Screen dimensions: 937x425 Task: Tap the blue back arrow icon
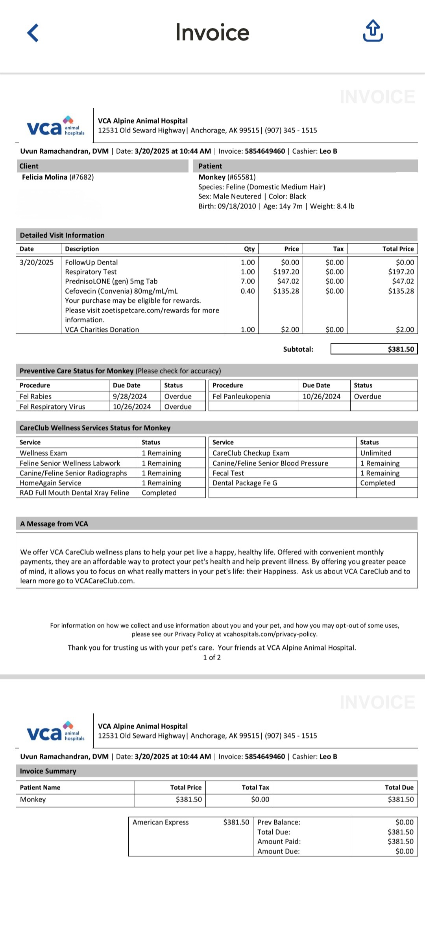coord(33,33)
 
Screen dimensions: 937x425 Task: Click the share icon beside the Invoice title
coord(372,31)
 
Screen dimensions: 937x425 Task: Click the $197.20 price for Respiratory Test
coord(286,272)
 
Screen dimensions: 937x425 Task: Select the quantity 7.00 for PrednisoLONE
coord(248,281)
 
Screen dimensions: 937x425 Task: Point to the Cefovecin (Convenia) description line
coord(121,291)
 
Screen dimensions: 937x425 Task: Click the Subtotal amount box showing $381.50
coord(374,349)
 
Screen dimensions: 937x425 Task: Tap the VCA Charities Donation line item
coord(102,329)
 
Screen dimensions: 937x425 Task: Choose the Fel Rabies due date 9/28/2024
coord(130,396)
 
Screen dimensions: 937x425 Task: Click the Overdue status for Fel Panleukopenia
coord(367,396)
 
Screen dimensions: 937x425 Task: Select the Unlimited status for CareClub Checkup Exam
coord(376,453)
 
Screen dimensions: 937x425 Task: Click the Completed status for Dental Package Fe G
coord(377,483)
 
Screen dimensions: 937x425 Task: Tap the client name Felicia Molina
coord(44,177)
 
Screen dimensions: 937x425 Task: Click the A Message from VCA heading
coord(54,524)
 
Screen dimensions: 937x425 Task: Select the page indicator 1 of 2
coord(212,657)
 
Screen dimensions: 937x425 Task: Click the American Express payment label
coord(161,822)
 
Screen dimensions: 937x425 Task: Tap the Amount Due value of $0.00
coord(404,851)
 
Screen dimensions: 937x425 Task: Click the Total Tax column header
coord(255,787)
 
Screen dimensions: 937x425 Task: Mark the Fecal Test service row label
coord(228,473)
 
